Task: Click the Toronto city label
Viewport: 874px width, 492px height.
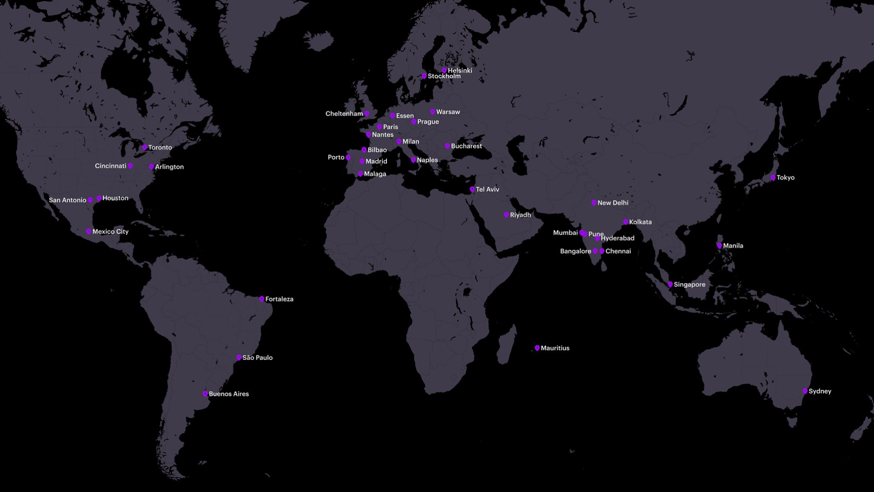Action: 160,148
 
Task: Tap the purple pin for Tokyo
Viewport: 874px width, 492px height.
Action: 773,178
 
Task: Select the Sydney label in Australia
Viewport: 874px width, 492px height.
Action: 820,391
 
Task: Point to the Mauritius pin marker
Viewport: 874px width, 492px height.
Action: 537,348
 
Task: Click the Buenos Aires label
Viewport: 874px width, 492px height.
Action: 229,394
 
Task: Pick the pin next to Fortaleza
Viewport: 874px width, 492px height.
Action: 262,299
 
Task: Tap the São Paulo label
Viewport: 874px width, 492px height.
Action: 257,358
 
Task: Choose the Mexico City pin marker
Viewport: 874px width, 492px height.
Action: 89,232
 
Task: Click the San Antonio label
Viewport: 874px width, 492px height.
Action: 67,200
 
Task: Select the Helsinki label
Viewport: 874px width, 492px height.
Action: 460,71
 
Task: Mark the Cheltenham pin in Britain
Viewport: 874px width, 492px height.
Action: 367,113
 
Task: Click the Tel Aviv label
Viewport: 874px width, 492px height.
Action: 487,190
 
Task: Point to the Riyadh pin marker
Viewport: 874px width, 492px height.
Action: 506,215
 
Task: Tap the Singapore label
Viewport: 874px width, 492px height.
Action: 689,285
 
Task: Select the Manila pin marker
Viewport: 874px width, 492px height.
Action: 719,246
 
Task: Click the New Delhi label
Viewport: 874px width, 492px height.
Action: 613,203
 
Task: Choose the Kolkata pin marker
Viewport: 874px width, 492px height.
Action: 625,222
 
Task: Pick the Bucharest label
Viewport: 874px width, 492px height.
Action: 466,146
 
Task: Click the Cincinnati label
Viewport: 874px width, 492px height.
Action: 111,166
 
